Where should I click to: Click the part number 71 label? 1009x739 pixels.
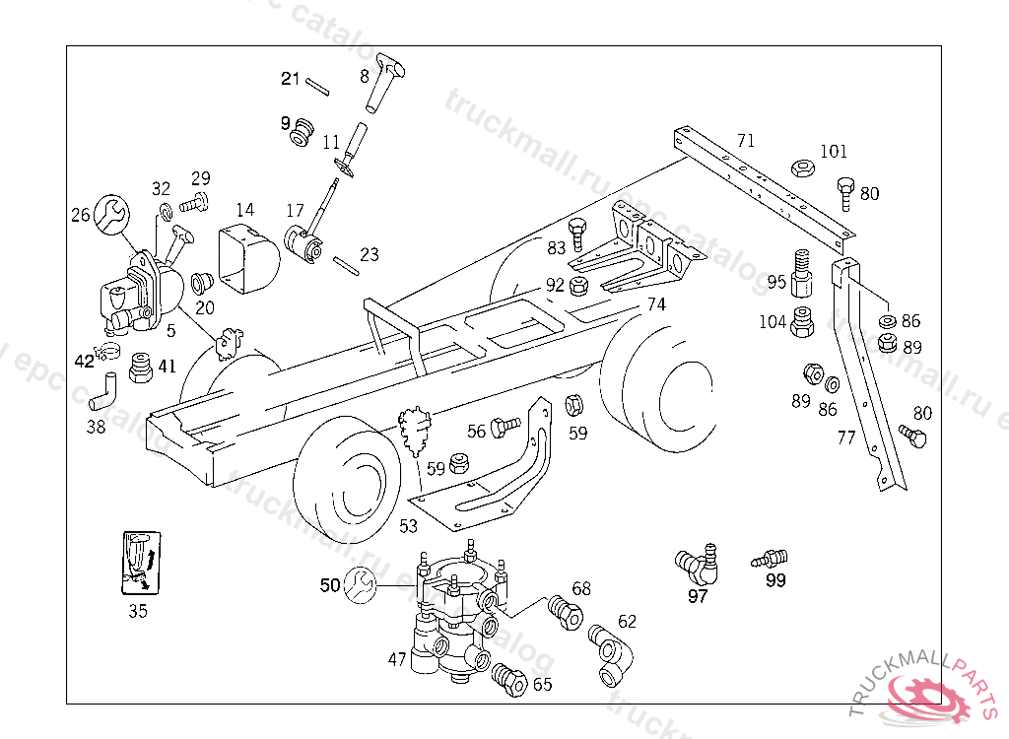pyautogui.click(x=746, y=141)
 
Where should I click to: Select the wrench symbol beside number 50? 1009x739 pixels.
pyautogui.click(x=358, y=585)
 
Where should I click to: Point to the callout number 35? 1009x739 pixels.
pyautogui.click(x=138, y=611)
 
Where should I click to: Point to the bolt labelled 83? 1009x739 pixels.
pyautogui.click(x=580, y=234)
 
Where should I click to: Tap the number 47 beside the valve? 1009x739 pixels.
pyautogui.click(x=396, y=660)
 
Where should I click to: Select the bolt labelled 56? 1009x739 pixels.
pyautogui.click(x=505, y=426)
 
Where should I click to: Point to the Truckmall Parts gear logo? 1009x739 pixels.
pyautogui.click(x=926, y=696)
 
